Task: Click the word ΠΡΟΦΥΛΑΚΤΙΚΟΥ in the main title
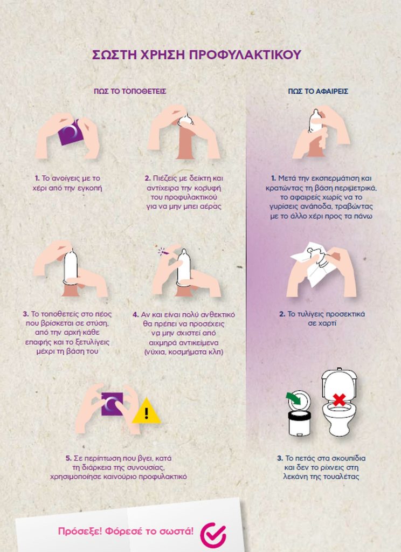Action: (245, 55)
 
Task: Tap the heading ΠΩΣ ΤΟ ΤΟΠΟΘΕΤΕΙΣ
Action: (130, 92)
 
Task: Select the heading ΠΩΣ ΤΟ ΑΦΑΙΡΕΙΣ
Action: (318, 92)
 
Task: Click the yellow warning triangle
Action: (147, 411)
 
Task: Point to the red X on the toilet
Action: (339, 399)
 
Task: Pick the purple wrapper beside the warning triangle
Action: (112, 404)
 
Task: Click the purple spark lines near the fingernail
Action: (162, 251)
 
